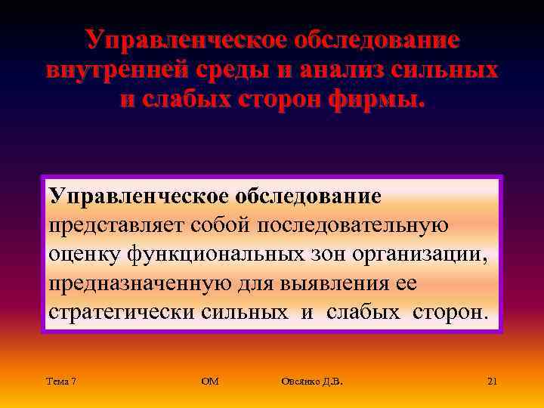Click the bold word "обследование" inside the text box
coord(308,196)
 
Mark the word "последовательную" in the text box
coord(354,226)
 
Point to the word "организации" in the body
coord(420,255)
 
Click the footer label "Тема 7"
coord(60,382)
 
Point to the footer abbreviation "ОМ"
coord(210,382)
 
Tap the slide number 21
coord(492,382)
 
